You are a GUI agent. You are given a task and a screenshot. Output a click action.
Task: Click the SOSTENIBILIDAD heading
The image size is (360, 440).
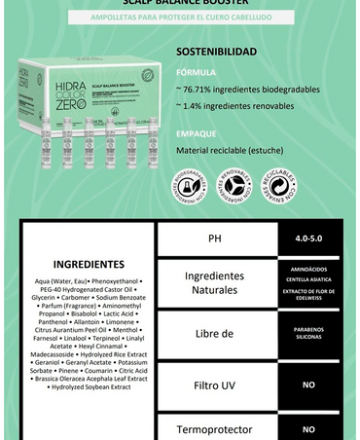(217, 52)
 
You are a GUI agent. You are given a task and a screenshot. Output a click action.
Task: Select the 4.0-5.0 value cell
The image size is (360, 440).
(308, 238)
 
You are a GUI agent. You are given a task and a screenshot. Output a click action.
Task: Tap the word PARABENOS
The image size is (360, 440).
(308, 329)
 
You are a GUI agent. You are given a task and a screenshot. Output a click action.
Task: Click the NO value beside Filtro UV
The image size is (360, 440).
(308, 385)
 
